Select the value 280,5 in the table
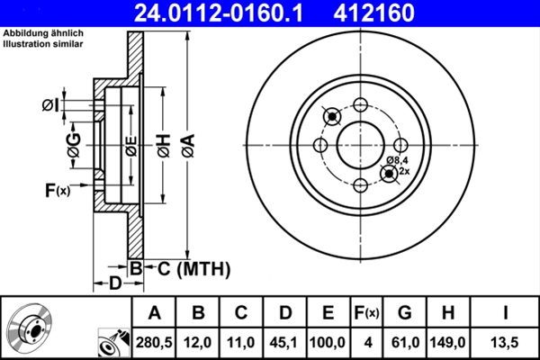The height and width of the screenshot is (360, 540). pyautogui.click(x=154, y=342)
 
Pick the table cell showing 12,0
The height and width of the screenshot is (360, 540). pyautogui.click(x=198, y=342)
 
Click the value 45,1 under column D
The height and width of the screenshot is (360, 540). pyautogui.click(x=285, y=342)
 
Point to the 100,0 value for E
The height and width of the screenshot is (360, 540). pyautogui.click(x=328, y=342)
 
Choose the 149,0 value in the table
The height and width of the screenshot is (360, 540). pyautogui.click(x=447, y=342)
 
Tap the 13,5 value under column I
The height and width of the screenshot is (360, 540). pyautogui.click(x=505, y=342)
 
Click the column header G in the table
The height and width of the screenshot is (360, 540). pyautogui.click(x=404, y=313)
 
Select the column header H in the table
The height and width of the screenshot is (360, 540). pyautogui.click(x=447, y=313)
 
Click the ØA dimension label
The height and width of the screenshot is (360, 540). pyautogui.click(x=187, y=144)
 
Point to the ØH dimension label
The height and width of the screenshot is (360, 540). pyautogui.click(x=162, y=144)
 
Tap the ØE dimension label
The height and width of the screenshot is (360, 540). pyautogui.click(x=131, y=145)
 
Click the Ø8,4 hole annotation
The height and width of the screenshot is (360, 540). pyautogui.click(x=398, y=160)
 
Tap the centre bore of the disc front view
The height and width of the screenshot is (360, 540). pyautogui.click(x=360, y=145)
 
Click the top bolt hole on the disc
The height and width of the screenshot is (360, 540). pyautogui.click(x=360, y=104)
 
